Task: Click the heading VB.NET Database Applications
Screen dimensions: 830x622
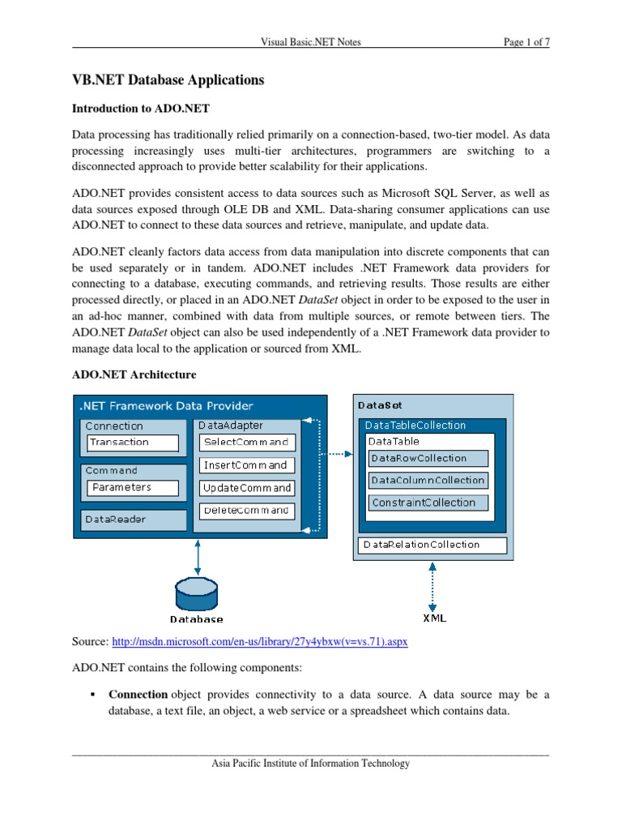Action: click(168, 80)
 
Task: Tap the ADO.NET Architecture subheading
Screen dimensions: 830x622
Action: click(134, 374)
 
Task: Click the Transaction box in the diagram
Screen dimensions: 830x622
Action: click(133, 443)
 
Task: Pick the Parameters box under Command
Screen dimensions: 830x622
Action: click(133, 487)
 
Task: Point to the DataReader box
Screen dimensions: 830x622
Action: click(133, 520)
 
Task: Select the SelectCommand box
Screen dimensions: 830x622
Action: click(247, 443)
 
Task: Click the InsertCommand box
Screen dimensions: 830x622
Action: click(247, 465)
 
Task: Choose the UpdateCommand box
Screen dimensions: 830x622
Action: click(247, 488)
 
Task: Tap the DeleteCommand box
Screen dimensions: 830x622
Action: click(247, 511)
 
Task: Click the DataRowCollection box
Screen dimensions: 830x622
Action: click(428, 458)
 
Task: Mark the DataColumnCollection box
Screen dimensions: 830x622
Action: click(428, 481)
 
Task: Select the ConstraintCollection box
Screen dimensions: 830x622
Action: click(428, 503)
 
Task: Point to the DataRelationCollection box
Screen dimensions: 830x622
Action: click(432, 545)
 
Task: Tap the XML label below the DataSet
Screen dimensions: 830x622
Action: click(434, 618)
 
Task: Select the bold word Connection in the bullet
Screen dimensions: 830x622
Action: click(138, 695)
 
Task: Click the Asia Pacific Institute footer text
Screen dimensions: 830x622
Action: click(310, 763)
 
